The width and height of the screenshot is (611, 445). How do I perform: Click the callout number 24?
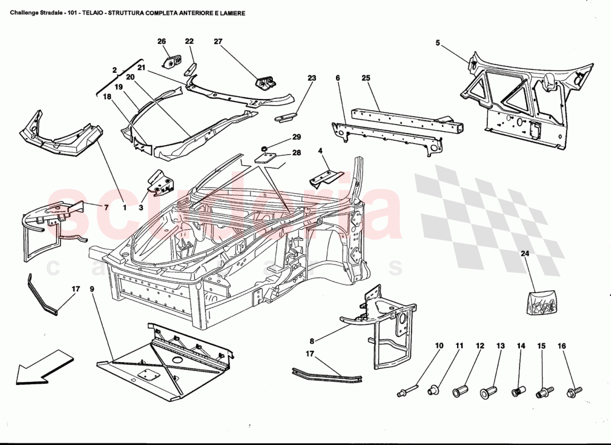(524, 254)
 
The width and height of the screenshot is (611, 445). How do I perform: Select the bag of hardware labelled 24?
(540, 303)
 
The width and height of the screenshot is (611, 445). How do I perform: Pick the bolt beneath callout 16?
(572, 393)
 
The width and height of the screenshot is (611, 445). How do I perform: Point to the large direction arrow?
(44, 367)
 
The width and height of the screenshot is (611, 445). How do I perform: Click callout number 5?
(438, 43)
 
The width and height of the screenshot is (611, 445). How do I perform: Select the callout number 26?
(162, 41)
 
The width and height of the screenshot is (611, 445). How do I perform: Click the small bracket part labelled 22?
(189, 70)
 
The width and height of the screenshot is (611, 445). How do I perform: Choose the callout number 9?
(92, 289)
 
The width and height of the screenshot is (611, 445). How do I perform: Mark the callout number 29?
(297, 137)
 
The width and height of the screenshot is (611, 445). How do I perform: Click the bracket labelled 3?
(161, 184)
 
